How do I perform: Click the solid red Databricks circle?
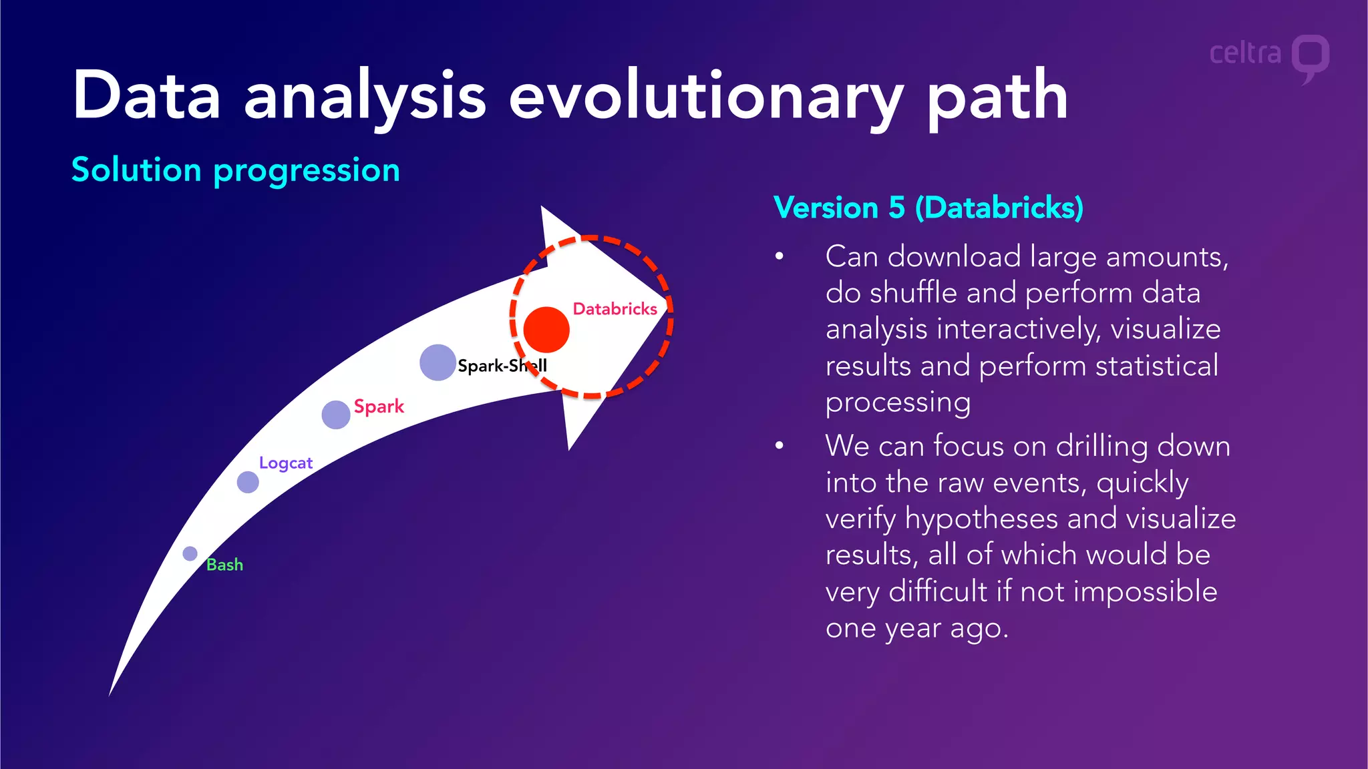click(546, 330)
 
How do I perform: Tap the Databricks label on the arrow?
click(615, 309)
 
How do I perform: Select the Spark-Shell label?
click(502, 366)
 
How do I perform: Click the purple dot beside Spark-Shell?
click(438, 362)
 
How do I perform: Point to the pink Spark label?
click(379, 407)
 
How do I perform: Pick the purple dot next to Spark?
click(336, 415)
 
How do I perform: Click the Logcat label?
click(285, 463)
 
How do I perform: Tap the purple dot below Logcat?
click(248, 482)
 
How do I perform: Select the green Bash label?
click(224, 565)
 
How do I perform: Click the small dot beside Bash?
click(190, 553)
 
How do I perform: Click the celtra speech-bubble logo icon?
click(1310, 57)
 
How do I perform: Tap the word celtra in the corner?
click(1245, 53)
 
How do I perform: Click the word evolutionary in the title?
click(706, 97)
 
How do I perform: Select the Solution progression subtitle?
click(236, 170)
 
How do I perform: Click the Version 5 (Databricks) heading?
click(928, 208)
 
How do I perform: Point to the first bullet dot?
click(779, 256)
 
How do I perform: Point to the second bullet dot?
click(779, 446)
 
